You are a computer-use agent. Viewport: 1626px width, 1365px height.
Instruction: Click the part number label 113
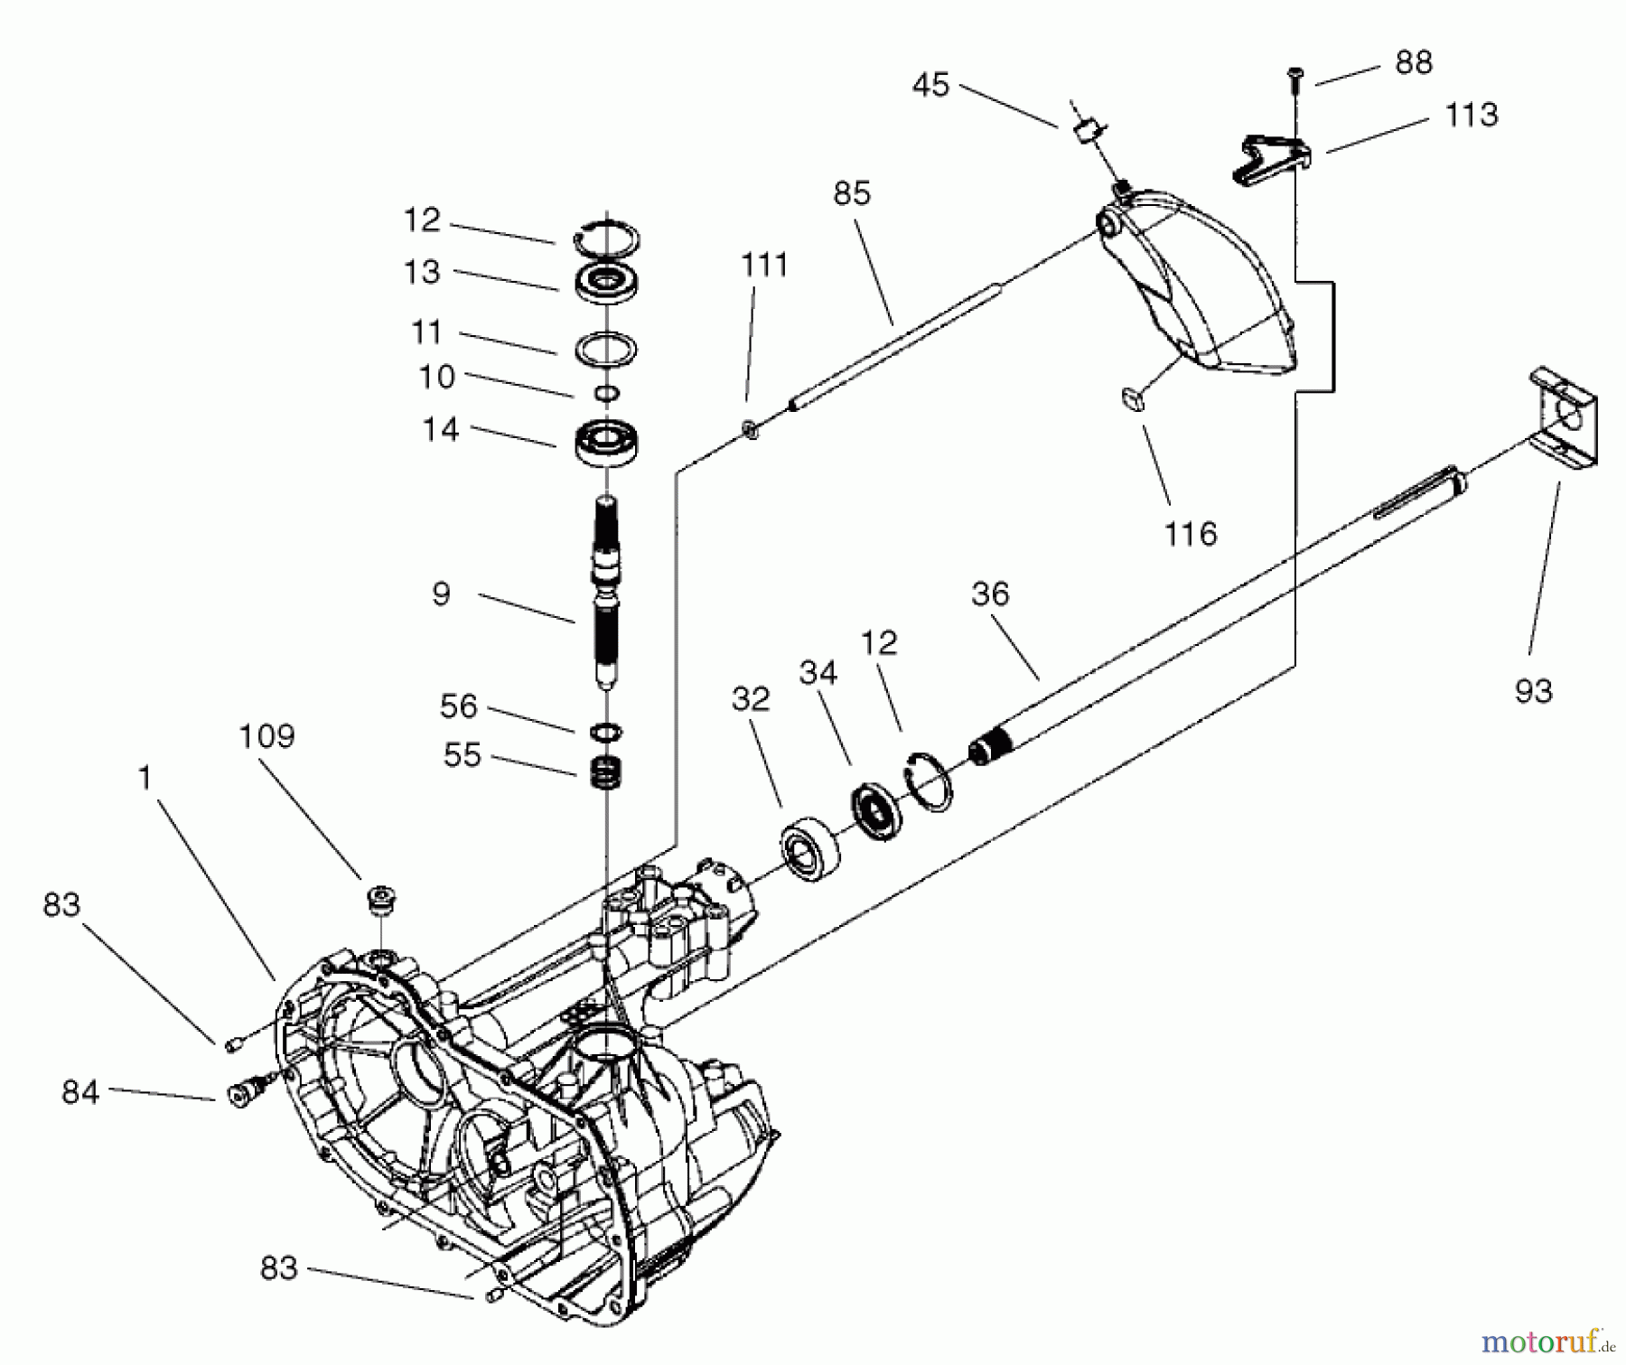coord(1471,116)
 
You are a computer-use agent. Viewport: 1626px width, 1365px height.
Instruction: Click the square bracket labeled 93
coord(1566,417)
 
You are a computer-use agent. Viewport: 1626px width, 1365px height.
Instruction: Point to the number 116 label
coord(1190,534)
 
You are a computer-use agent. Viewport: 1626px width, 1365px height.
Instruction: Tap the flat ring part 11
coord(607,349)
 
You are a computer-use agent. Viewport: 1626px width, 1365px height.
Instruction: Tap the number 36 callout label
coord(989,594)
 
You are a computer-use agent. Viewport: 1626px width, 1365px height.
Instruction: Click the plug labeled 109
coord(380,900)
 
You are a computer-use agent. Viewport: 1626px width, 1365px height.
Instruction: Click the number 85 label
coord(851,193)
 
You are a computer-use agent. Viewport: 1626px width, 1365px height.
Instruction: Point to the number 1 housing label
coord(145,778)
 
